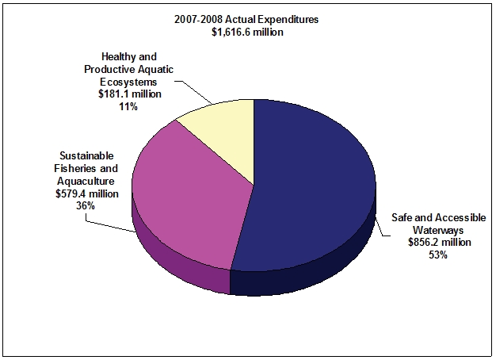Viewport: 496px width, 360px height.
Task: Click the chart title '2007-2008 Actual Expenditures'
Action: point(248,19)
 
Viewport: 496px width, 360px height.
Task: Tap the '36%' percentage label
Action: point(86,205)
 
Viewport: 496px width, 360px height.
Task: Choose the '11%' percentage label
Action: point(129,105)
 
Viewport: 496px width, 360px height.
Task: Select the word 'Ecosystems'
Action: point(129,82)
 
